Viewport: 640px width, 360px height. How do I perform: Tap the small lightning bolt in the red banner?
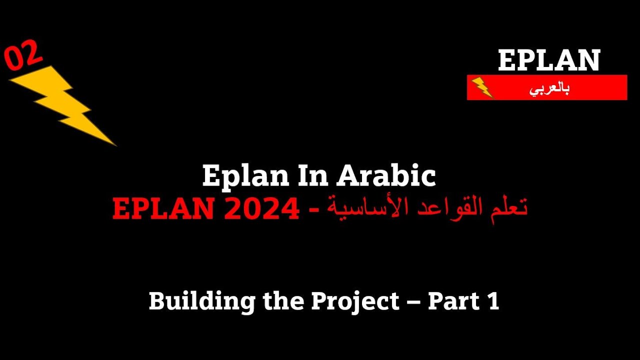pos(481,87)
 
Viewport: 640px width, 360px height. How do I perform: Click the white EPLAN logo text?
pos(548,60)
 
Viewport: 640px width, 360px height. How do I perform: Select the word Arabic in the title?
pos(385,176)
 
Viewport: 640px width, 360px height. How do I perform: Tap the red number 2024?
pos(261,208)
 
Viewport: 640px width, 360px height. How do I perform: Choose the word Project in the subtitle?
pos(355,301)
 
